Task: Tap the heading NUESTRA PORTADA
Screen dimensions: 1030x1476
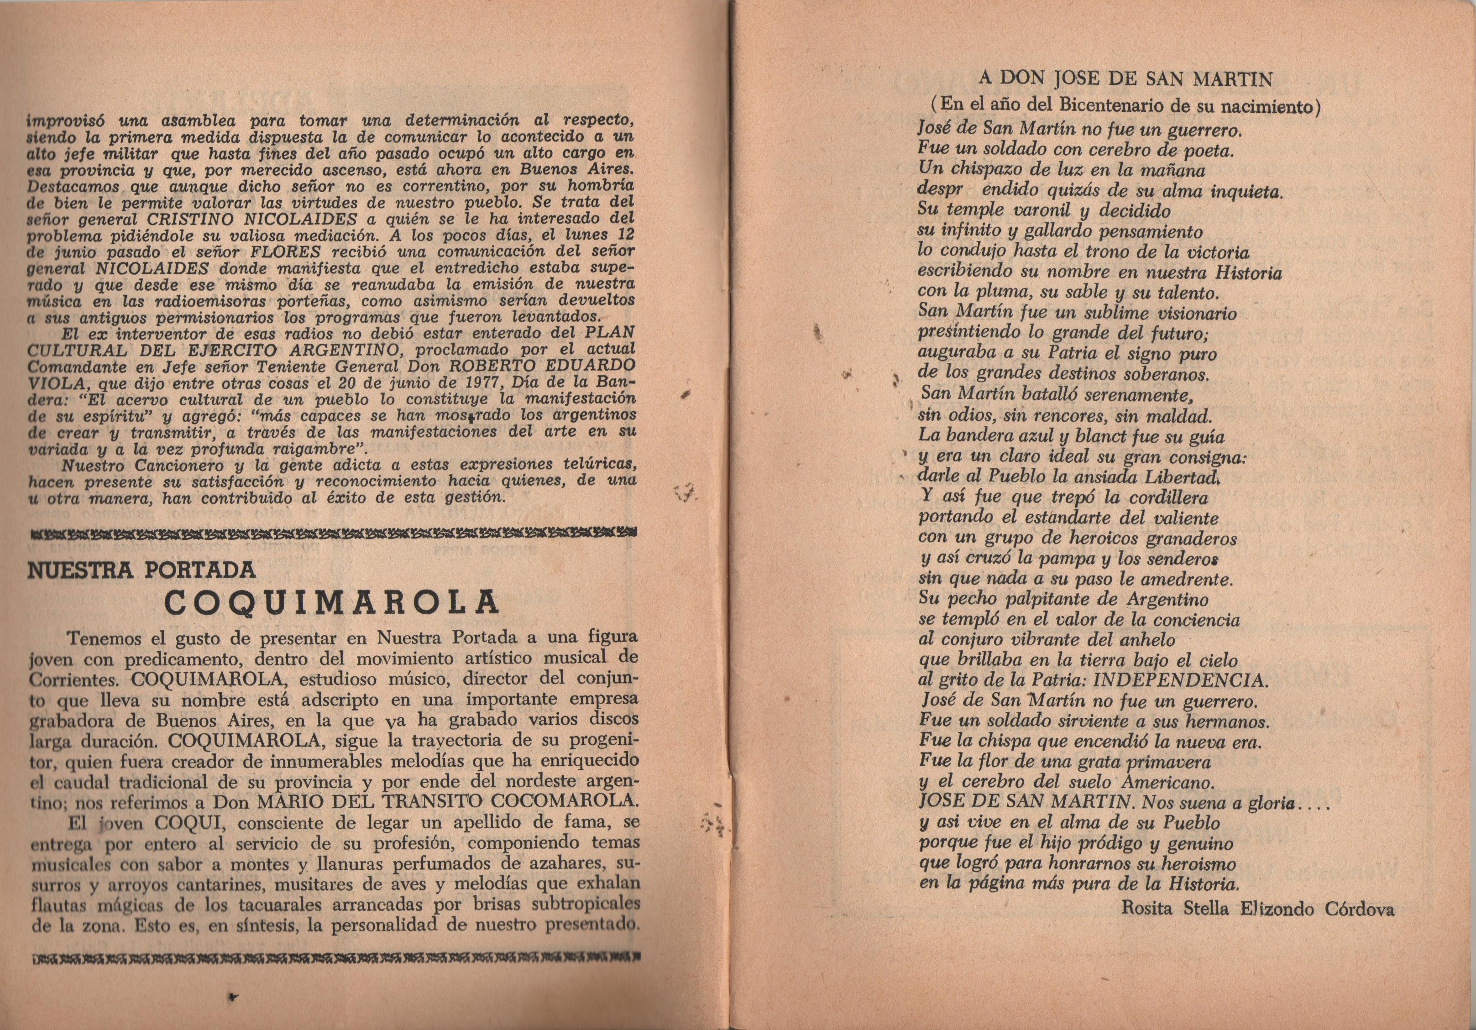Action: click(141, 570)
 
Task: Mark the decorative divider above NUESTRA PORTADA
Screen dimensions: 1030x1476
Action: click(334, 533)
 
